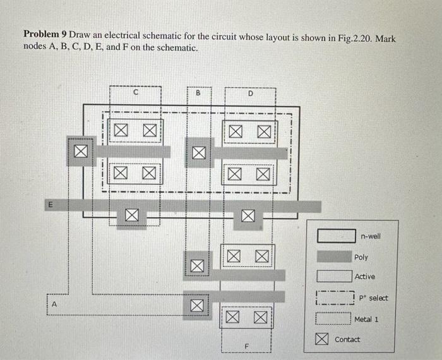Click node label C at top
[x=136, y=93]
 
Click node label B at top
[x=198, y=93]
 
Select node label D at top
[x=250, y=93]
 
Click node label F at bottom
[x=248, y=345]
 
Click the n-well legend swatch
[x=335, y=236]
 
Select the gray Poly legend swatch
[x=335, y=256]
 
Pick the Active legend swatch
[x=335, y=277]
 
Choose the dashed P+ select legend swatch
[x=335, y=297]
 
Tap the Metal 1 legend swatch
[x=335, y=319]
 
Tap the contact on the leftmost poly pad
[x=80, y=152]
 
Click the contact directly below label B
[x=198, y=152]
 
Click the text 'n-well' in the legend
[x=371, y=236]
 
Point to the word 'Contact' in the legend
[x=347, y=340]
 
